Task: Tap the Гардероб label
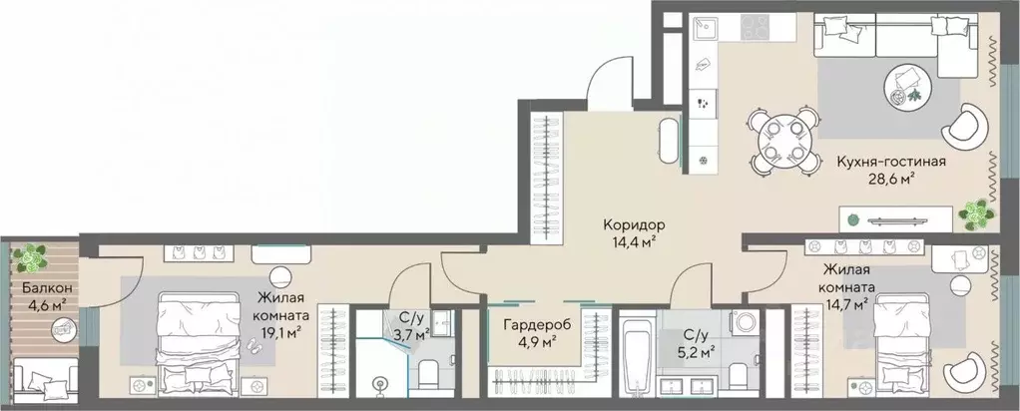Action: coord(524,324)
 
